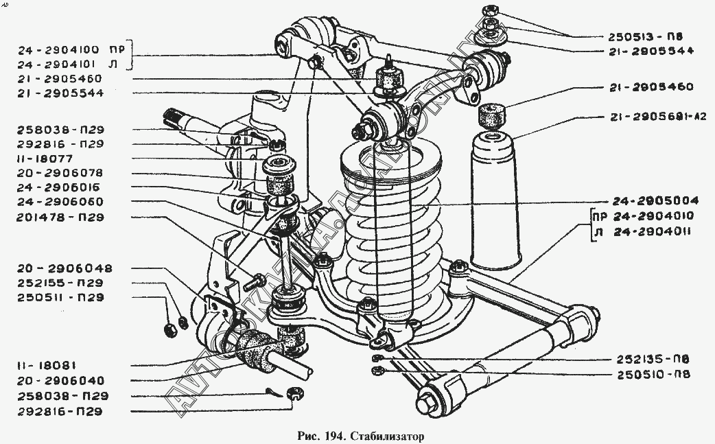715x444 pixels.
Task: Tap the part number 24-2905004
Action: [655, 202]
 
